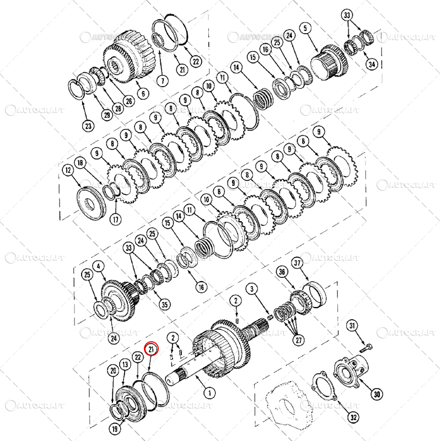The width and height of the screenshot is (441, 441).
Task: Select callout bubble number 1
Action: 208,393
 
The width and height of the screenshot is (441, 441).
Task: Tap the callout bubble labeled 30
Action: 377,394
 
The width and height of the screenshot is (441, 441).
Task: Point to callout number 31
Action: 352,327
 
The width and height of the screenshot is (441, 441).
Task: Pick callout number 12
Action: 67,171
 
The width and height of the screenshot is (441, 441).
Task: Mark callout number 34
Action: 372,64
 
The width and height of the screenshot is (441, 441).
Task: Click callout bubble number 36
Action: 282,272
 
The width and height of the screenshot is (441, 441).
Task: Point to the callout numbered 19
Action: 114,428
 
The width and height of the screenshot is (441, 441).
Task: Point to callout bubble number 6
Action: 143,93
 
